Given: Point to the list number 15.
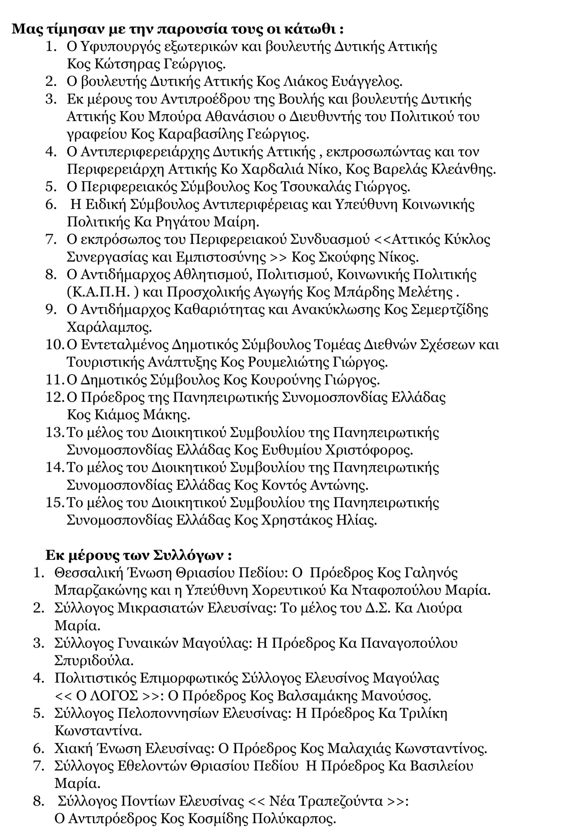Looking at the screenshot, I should coord(54,503).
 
